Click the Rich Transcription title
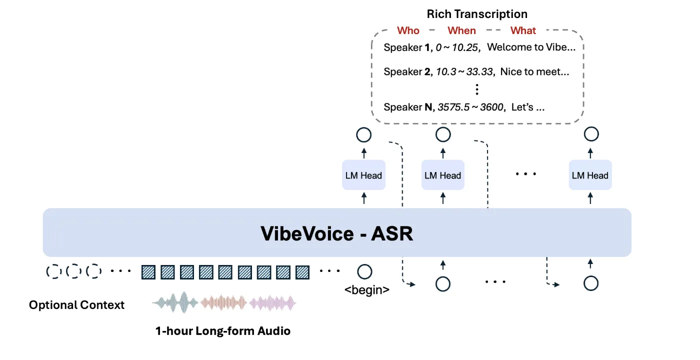tap(477, 14)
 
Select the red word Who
tap(408, 30)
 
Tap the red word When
tap(461, 30)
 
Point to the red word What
tap(523, 30)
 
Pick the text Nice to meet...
tap(534, 72)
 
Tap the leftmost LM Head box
tap(363, 175)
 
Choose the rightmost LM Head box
tap(590, 175)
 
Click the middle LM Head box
tap(442, 175)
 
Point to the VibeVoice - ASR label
tap(337, 233)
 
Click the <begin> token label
tap(367, 289)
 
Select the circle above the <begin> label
tap(364, 272)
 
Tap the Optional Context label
tap(76, 305)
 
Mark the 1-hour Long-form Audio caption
tap(222, 331)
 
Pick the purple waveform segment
tap(273, 302)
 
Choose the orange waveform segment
tap(224, 302)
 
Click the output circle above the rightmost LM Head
tap(591, 134)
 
